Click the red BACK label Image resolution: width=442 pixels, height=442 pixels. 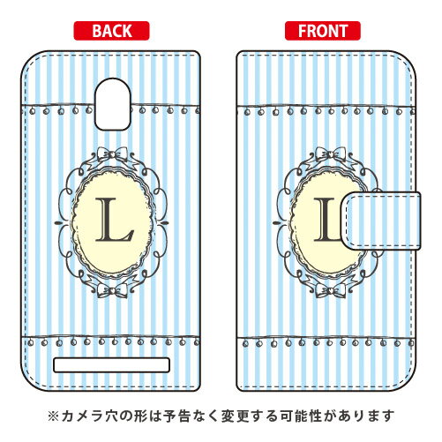(x=111, y=31)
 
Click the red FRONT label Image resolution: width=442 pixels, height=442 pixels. (x=323, y=31)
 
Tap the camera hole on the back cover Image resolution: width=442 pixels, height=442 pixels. (x=113, y=104)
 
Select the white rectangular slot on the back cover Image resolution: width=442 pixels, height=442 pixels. (x=111, y=365)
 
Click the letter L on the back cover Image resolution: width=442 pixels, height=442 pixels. (x=114, y=220)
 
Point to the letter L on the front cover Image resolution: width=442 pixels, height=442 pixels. (x=326, y=220)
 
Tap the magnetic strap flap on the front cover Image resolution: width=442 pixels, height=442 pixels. (x=381, y=221)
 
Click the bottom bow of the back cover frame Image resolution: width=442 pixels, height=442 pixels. (x=112, y=290)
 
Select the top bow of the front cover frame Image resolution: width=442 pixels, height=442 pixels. (x=331, y=154)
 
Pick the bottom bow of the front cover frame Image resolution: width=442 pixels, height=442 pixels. (x=331, y=290)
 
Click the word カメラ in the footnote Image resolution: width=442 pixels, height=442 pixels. (x=83, y=416)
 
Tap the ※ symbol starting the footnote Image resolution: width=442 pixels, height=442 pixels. (x=53, y=416)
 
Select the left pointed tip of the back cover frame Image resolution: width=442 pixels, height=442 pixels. (x=56, y=222)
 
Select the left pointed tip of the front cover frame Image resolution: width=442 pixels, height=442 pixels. (x=274, y=222)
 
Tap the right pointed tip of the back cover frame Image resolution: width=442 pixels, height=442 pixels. (x=169, y=222)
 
